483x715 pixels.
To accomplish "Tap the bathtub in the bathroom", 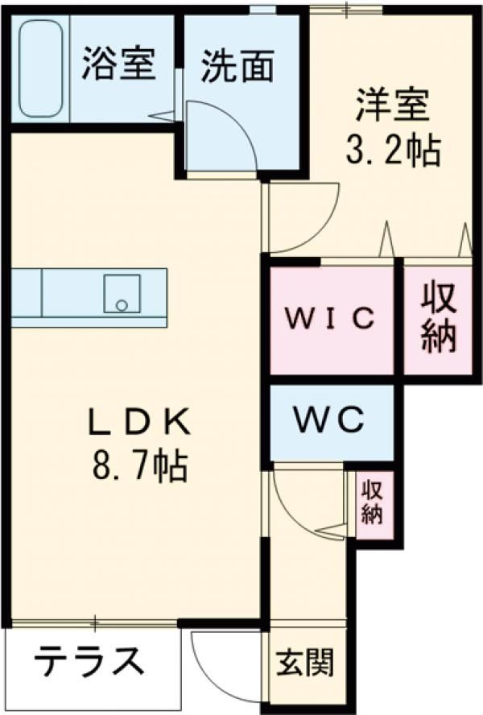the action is coord(40,68).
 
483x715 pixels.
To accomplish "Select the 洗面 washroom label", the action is coord(237,66).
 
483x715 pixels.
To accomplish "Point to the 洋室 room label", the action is coord(392,105).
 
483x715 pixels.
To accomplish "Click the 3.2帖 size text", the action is coord(393,150).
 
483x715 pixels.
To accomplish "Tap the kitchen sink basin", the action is coord(122,293).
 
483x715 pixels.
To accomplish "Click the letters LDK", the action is coord(139,422).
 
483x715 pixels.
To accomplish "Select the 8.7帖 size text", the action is coord(139,465).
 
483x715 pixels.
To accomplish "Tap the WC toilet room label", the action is coord(329,419).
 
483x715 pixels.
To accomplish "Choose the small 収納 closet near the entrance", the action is coord(372,502).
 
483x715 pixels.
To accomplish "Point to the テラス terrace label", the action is coord(89,661).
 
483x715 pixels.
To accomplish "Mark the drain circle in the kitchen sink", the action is coord(122,305).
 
